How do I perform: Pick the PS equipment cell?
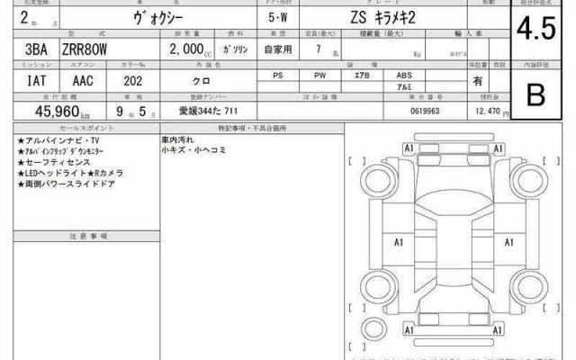point(277,76)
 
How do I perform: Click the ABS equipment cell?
point(403,76)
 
